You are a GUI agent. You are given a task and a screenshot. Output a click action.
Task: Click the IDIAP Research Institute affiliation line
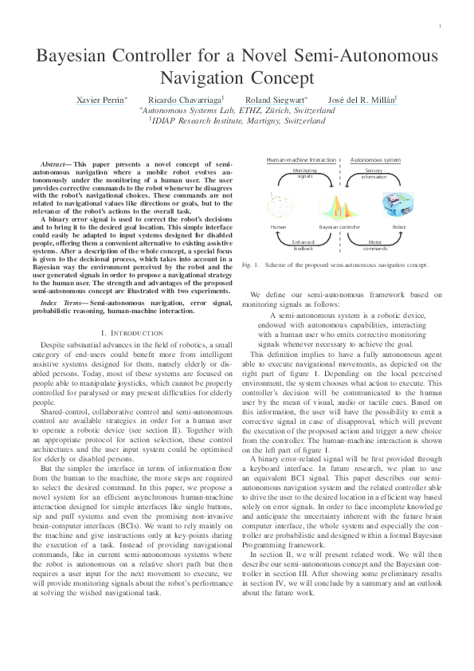(237, 121)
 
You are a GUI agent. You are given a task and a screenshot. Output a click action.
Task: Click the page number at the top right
(440, 27)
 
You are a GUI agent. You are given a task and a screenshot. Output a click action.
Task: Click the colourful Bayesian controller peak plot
(340, 209)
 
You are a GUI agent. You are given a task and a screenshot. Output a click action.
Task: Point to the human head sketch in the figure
(279, 202)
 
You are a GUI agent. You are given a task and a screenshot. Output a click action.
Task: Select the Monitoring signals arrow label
(305, 173)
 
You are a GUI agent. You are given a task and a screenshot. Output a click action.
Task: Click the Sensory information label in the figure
(374, 173)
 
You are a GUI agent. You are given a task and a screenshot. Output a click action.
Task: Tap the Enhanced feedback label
(304, 244)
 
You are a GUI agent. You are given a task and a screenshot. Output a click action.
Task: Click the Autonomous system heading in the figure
(376, 159)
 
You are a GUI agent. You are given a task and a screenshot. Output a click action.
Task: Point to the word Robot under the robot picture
(398, 227)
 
